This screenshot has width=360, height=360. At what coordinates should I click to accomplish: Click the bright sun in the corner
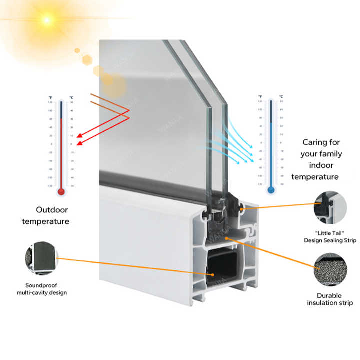click(x=47, y=20)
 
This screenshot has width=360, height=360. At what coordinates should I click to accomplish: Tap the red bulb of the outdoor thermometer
click(x=61, y=191)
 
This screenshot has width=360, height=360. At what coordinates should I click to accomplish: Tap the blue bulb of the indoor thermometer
click(x=271, y=190)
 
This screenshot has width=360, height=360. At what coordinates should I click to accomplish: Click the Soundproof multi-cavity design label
click(x=42, y=288)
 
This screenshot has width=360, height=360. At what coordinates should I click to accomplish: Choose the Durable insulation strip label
click(x=329, y=299)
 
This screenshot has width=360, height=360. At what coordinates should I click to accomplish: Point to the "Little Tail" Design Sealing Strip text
click(x=330, y=236)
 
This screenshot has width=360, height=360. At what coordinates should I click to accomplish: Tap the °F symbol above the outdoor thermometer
click(x=50, y=97)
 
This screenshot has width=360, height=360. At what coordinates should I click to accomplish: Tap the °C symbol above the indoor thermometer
click(x=281, y=96)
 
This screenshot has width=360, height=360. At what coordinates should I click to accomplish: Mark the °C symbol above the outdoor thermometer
click(x=72, y=97)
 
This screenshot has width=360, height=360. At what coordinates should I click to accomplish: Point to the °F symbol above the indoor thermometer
click(x=260, y=96)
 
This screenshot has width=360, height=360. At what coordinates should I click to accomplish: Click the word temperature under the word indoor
click(x=315, y=177)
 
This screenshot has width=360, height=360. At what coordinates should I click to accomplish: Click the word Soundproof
click(x=42, y=285)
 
